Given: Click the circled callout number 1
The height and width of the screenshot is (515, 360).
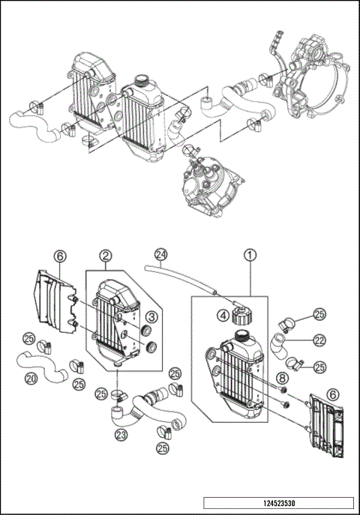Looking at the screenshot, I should (248, 254).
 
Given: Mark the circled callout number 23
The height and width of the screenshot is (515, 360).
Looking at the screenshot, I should (120, 433).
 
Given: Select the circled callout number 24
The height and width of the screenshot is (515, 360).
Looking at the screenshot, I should (159, 253).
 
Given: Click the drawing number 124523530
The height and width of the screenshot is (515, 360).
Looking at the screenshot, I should (277, 503).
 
